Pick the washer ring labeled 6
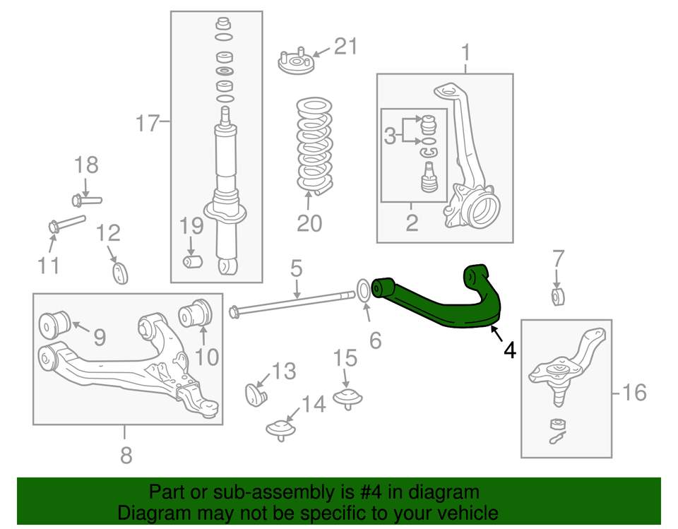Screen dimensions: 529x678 coord(360,290)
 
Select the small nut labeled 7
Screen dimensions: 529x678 coord(558,296)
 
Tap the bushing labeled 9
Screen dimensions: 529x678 coord(56,323)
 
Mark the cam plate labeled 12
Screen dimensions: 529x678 coord(120,273)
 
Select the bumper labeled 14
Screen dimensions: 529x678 coord(280,429)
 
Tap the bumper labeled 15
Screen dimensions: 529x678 coord(347,396)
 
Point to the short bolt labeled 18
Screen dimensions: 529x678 coord(86,200)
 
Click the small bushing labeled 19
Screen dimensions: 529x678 coord(193,262)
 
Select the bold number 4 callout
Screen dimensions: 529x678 coord(510,349)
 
